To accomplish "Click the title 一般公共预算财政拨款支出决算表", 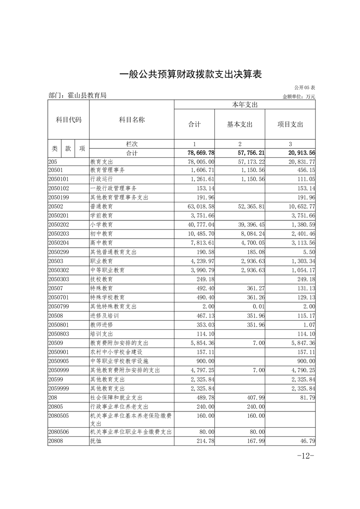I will [191, 74].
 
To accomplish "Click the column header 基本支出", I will [240, 124].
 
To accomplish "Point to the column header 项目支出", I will [290, 124].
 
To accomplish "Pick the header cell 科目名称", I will [132, 120].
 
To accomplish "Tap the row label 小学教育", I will [102, 225].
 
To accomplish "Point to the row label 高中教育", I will [102, 242].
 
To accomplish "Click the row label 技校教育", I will [102, 279].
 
